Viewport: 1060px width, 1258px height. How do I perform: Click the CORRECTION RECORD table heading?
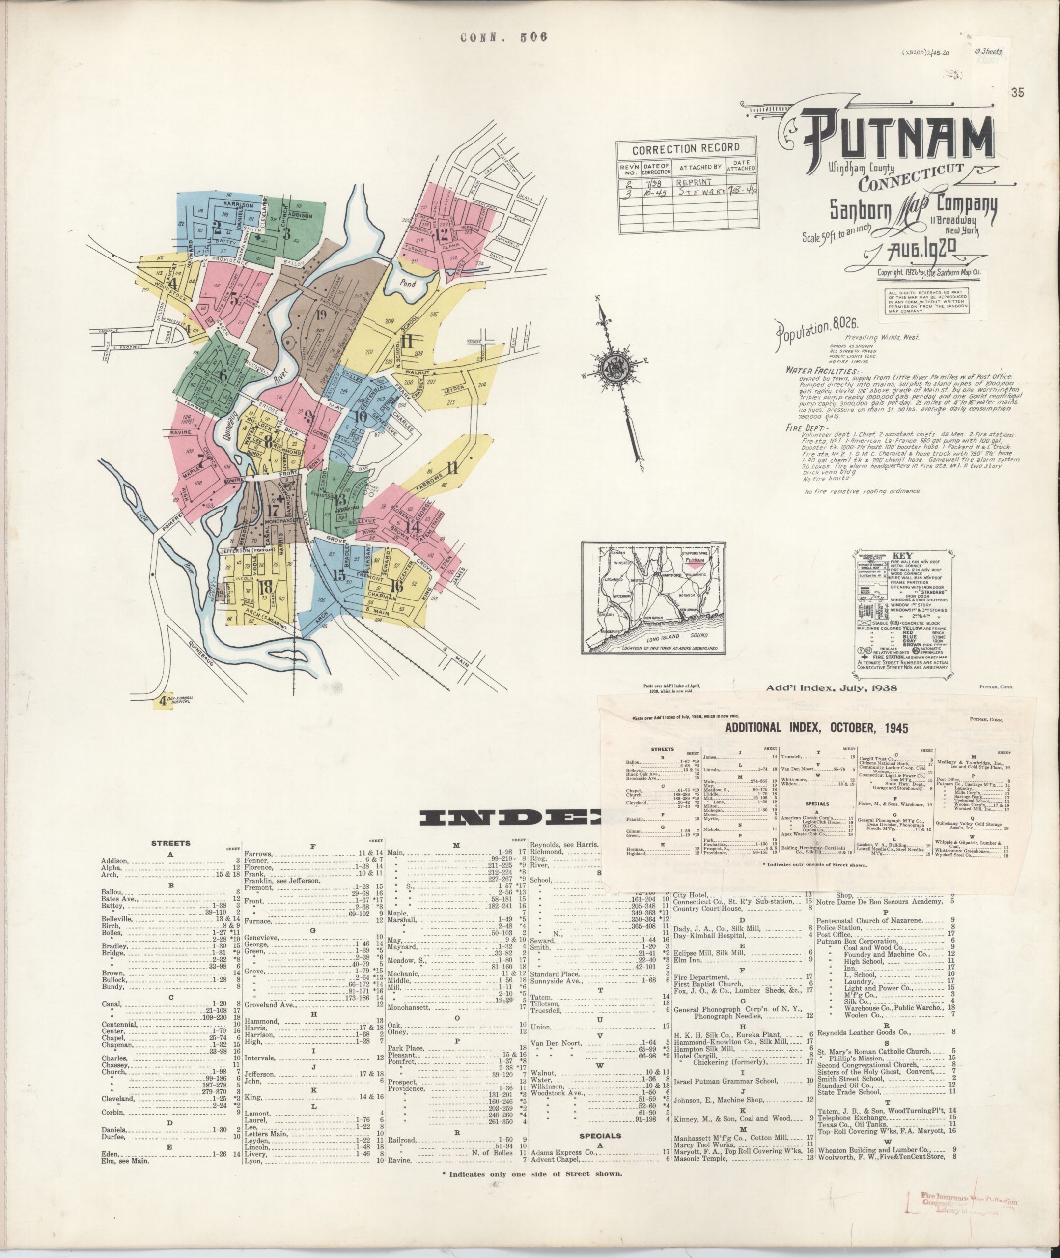point(686,148)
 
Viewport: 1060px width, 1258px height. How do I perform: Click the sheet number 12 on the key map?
point(444,234)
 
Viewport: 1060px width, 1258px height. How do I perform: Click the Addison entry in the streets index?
point(113,861)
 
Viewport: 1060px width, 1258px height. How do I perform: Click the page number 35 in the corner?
point(1017,93)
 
